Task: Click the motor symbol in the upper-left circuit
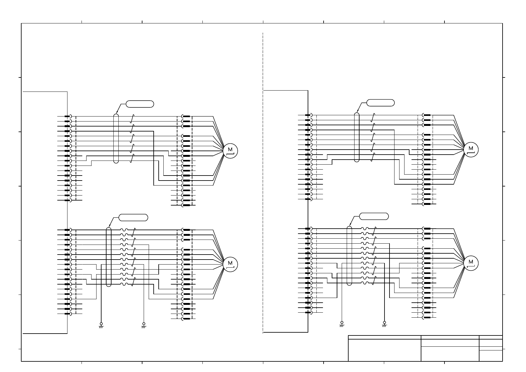point(231,151)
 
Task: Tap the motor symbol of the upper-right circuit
point(471,150)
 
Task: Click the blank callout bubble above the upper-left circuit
point(140,104)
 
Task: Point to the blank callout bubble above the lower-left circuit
point(133,217)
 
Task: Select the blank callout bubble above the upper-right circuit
point(380,103)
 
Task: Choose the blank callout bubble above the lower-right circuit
point(374,216)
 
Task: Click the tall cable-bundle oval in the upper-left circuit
point(116,138)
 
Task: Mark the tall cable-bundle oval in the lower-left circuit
point(109,257)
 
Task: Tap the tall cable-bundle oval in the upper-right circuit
point(357,137)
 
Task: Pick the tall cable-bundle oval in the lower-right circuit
point(349,255)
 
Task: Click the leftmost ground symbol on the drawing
point(101,325)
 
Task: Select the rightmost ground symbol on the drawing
point(384,324)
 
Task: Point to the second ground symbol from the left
point(144,325)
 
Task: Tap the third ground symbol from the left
point(342,324)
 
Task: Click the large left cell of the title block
point(385,350)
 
